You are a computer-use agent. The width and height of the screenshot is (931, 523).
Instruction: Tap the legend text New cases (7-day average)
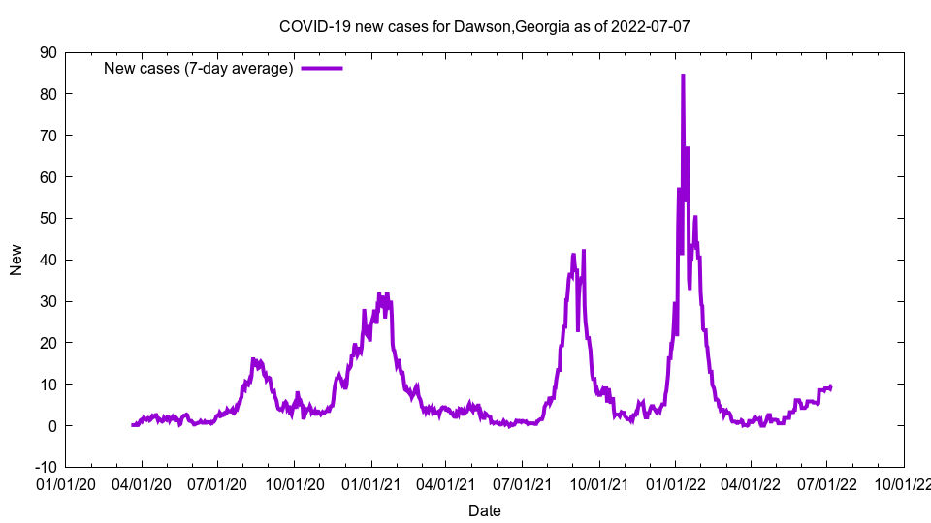tap(198, 69)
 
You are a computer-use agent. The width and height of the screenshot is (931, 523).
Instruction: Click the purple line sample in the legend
tap(322, 68)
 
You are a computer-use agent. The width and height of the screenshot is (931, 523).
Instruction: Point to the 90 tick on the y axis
tap(48, 52)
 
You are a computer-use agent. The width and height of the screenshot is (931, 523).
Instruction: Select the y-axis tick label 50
tap(48, 219)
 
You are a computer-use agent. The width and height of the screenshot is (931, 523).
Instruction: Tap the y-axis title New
tap(16, 260)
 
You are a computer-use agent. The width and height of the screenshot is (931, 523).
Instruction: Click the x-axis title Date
tap(484, 510)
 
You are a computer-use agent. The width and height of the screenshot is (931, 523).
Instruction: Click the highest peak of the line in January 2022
tap(683, 76)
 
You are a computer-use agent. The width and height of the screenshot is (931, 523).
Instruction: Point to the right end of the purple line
tap(831, 387)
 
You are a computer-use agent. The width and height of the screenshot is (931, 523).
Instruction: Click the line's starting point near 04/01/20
tap(133, 425)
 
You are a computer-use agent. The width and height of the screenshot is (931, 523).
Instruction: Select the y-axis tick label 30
tap(48, 301)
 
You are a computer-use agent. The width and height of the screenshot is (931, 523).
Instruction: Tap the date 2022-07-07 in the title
tap(650, 26)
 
